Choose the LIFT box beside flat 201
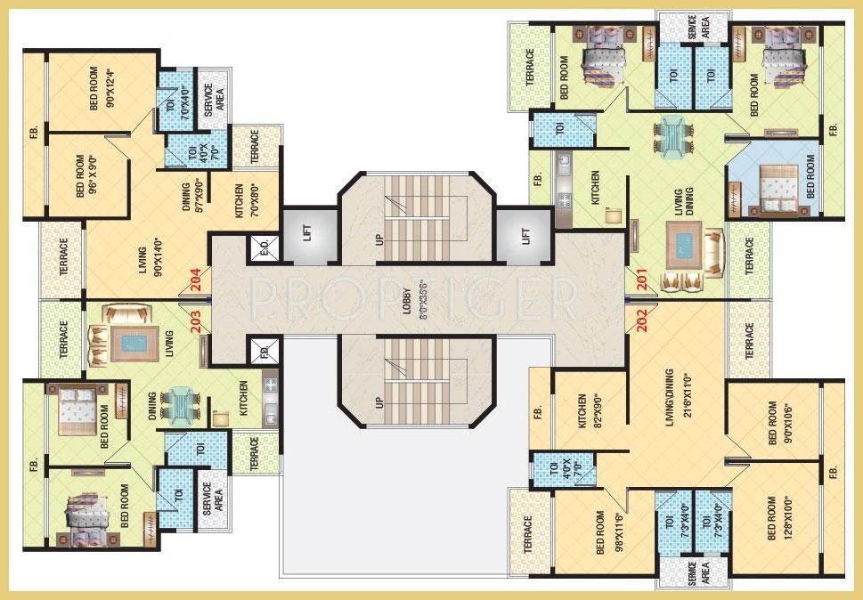[525, 235]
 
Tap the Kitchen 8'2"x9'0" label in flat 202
[587, 412]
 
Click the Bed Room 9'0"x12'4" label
[102, 90]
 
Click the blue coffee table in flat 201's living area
[685, 247]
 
